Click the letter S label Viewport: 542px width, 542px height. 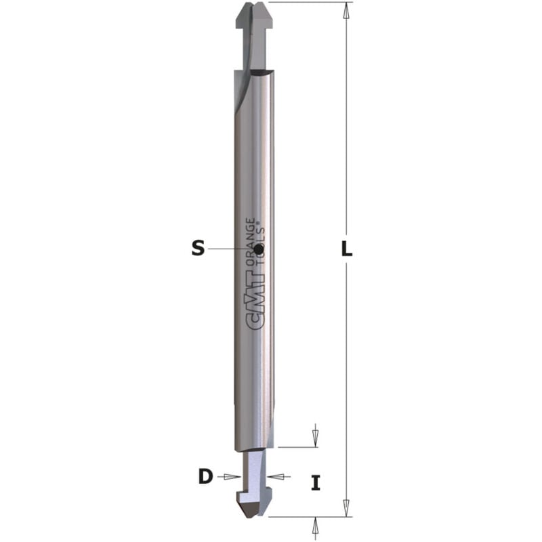(197, 249)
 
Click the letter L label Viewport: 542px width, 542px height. (346, 249)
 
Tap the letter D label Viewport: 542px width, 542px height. (205, 477)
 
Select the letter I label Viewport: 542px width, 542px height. (315, 483)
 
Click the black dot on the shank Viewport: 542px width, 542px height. (260, 249)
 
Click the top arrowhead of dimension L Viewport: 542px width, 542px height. (346, 10)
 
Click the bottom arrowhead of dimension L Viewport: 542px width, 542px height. (346, 507)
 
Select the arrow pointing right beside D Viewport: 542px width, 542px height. (230, 477)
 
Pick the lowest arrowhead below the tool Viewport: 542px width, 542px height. (315, 524)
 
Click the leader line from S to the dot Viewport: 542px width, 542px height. (230, 249)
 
